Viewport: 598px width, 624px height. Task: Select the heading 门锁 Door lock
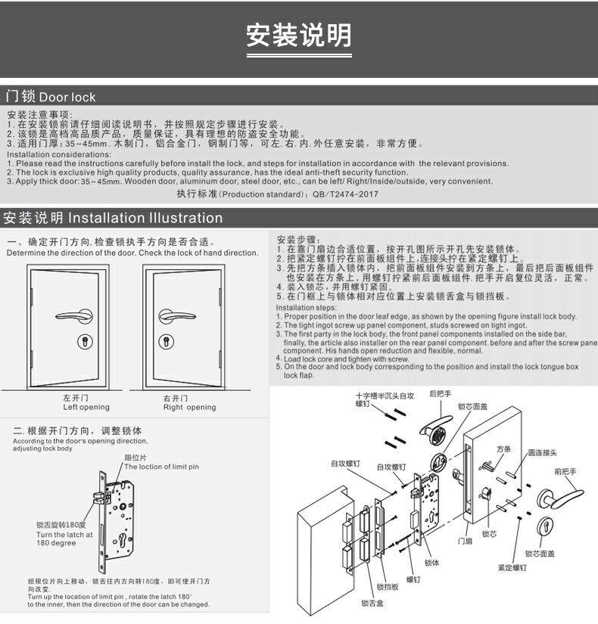[x=51, y=97]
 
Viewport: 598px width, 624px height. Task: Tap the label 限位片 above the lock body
[x=135, y=458]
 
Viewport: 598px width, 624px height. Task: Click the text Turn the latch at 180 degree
[x=64, y=538]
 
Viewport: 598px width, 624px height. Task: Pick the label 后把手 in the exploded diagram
[x=440, y=394]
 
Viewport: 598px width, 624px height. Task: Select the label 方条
[x=503, y=449]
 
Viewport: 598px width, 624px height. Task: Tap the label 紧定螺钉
[x=512, y=567]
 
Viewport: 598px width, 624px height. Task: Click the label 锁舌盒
[x=372, y=603]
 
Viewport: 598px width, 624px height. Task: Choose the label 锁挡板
[x=388, y=586]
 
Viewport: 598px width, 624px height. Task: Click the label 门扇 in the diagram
[x=465, y=541]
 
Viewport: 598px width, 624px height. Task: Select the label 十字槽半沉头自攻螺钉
[x=385, y=399]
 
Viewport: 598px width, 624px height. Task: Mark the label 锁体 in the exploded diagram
[x=432, y=563]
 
